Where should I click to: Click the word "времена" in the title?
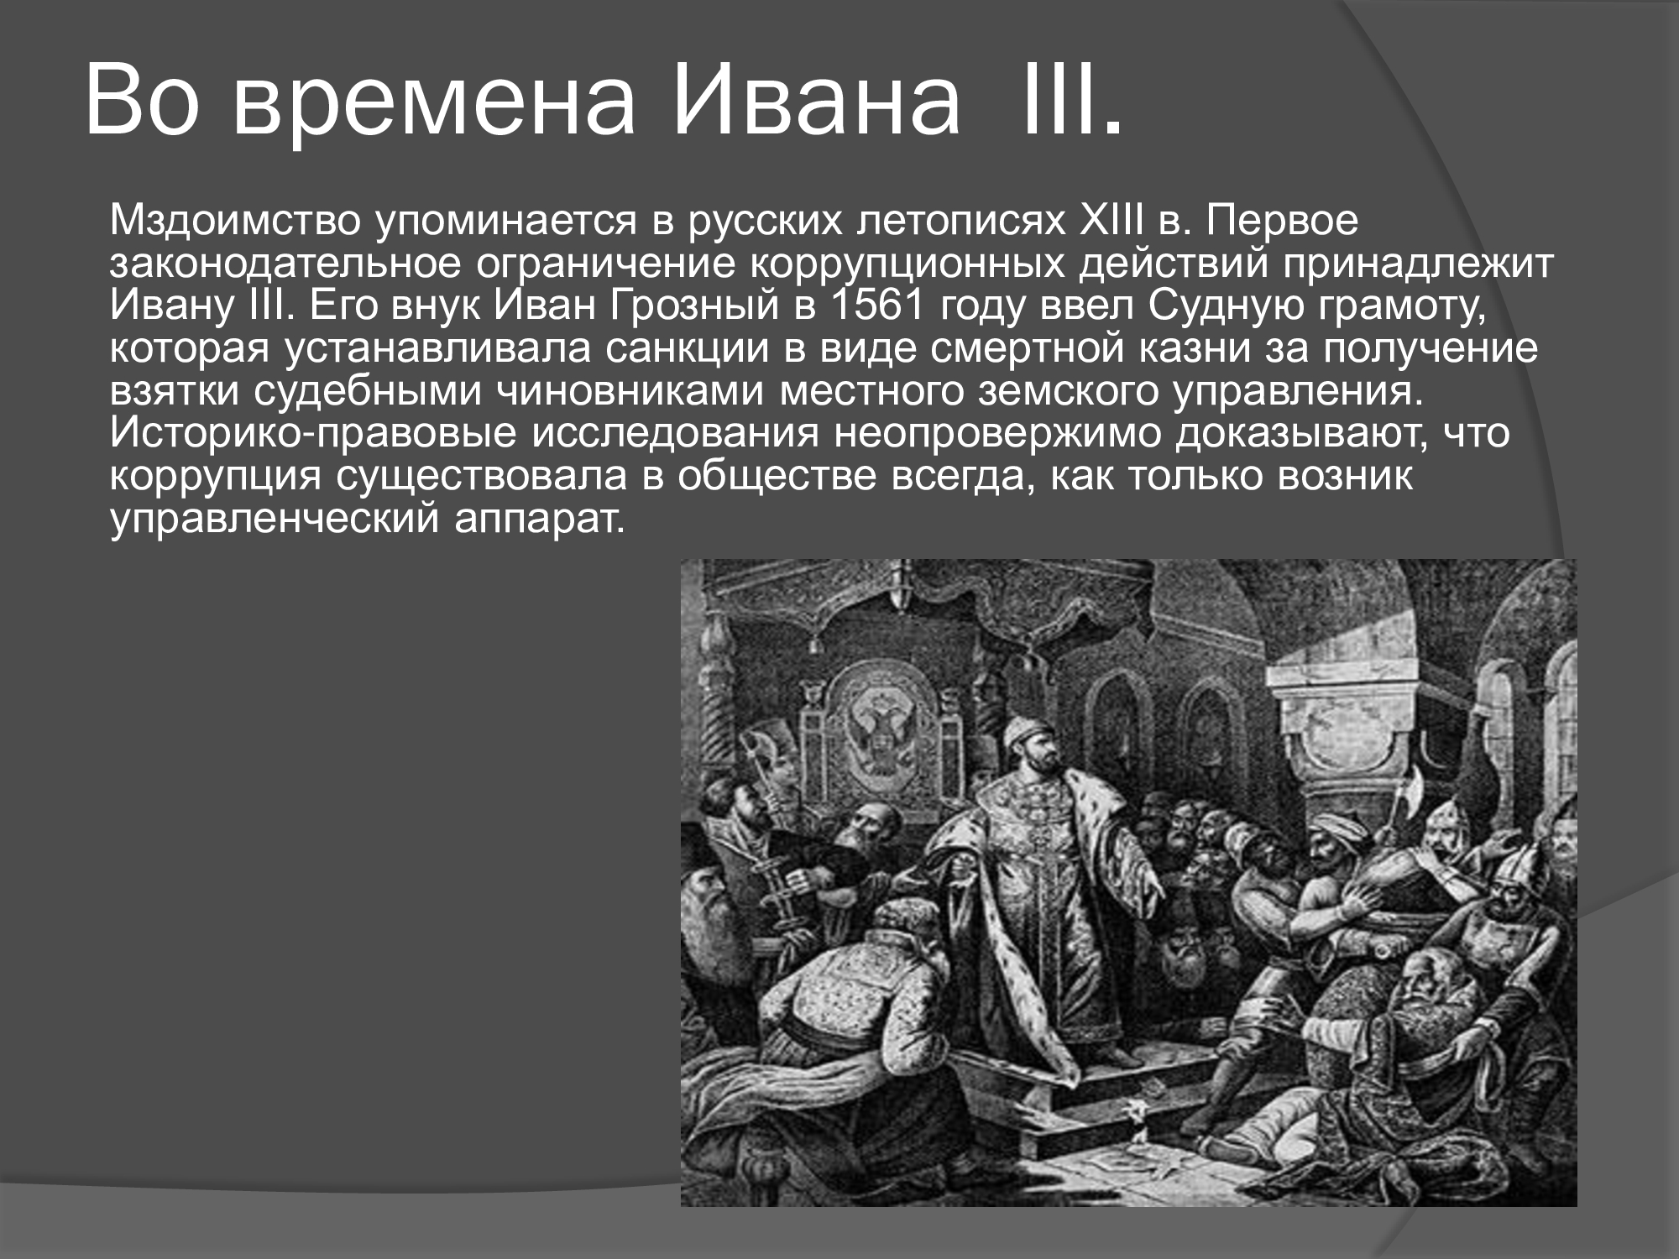[433, 100]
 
